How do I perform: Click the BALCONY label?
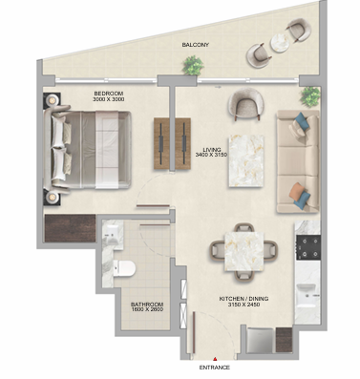click(195, 45)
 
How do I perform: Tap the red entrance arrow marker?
click(215, 359)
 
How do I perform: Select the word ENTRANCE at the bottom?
click(214, 368)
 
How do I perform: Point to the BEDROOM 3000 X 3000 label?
click(108, 96)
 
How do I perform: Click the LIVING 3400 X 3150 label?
click(212, 153)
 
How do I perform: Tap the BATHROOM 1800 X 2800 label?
click(147, 306)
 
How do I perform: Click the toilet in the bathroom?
click(124, 268)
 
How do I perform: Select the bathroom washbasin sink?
click(112, 233)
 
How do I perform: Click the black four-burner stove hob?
click(307, 247)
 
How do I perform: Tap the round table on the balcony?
click(280, 42)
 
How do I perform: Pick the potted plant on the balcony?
click(193, 66)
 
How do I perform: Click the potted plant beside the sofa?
click(310, 96)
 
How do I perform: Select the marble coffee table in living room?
click(246, 161)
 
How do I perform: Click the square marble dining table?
click(244, 251)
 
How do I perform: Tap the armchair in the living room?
click(245, 104)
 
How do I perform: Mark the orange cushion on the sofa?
click(296, 191)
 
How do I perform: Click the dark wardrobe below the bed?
click(70, 228)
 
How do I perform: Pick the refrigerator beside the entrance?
click(261, 340)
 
